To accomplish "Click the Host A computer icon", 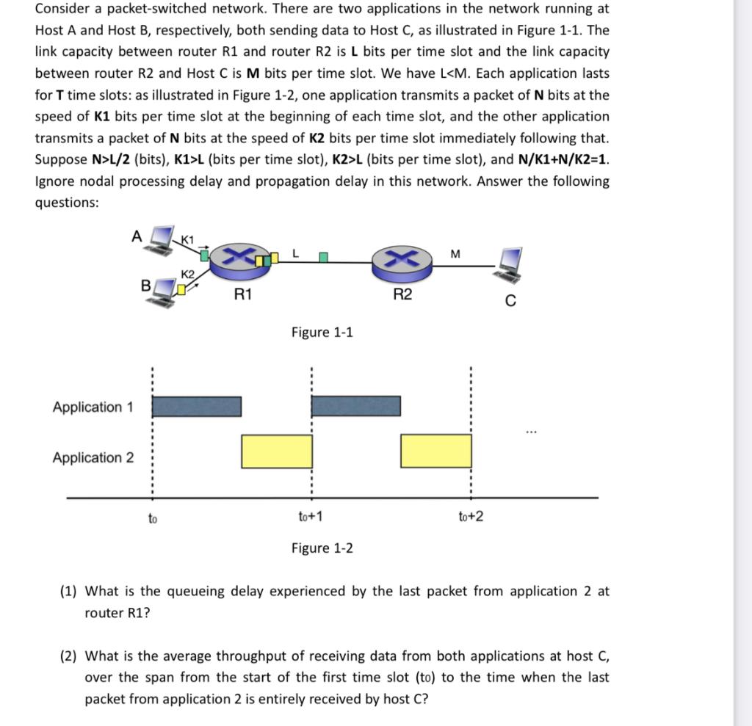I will coord(161,239).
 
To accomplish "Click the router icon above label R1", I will coord(242,260).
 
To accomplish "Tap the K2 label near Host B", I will coord(187,274).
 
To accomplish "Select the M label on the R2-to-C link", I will coord(455,253).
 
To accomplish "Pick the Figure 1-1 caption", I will coord(322,333).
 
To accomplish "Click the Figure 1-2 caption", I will coord(322,548).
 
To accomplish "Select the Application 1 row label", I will coord(93,407).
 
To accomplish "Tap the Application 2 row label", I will coord(93,457).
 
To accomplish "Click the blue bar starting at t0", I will coord(196,406).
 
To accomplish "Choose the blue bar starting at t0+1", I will coord(356,406).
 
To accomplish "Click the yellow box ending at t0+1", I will coord(277,451).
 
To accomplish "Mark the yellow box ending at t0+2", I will coord(435,451).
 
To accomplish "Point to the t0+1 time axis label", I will coord(311,517).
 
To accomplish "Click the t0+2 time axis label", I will coord(470,517).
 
